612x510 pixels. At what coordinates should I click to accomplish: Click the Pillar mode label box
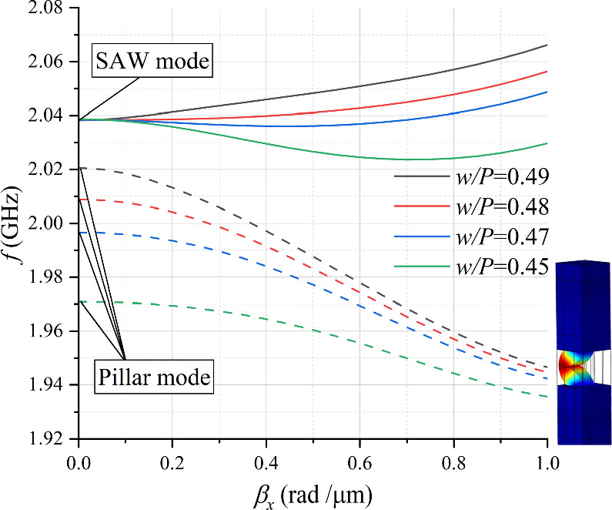coord(154,377)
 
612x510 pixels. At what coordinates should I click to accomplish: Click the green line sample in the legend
coord(420,267)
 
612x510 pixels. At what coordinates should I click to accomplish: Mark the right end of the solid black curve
coord(547,45)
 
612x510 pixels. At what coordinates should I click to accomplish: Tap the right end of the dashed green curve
coord(547,397)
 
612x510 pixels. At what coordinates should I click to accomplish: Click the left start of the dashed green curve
coord(79,301)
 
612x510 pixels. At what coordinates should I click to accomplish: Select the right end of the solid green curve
coord(547,143)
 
